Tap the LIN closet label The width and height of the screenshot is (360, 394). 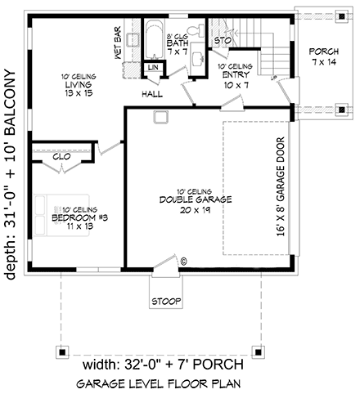(153, 68)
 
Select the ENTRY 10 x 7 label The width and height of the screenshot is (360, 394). (234, 74)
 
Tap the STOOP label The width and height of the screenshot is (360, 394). (164, 301)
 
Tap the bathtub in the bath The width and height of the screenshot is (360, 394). (155, 42)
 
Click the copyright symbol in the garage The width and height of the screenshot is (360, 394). (183, 261)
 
